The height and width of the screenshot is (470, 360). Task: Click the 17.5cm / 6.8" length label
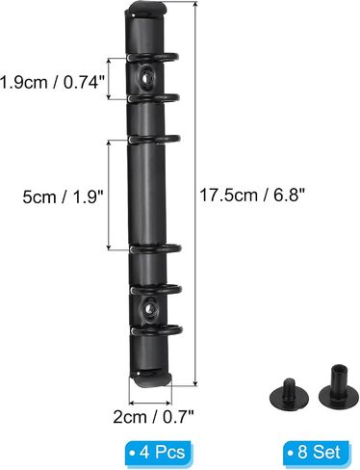[x=252, y=195]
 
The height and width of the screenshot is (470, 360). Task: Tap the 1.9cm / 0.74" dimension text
[x=53, y=83]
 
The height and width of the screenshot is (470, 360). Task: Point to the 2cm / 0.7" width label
[x=153, y=417]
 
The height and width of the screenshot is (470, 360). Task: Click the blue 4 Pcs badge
[x=159, y=453]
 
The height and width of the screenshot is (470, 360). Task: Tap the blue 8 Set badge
[x=317, y=453]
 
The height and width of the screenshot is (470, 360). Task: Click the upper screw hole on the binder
[x=146, y=78]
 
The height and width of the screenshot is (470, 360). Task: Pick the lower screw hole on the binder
[x=148, y=308]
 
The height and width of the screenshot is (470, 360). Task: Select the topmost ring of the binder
[x=152, y=57]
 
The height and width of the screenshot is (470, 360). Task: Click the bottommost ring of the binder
[x=157, y=330]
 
